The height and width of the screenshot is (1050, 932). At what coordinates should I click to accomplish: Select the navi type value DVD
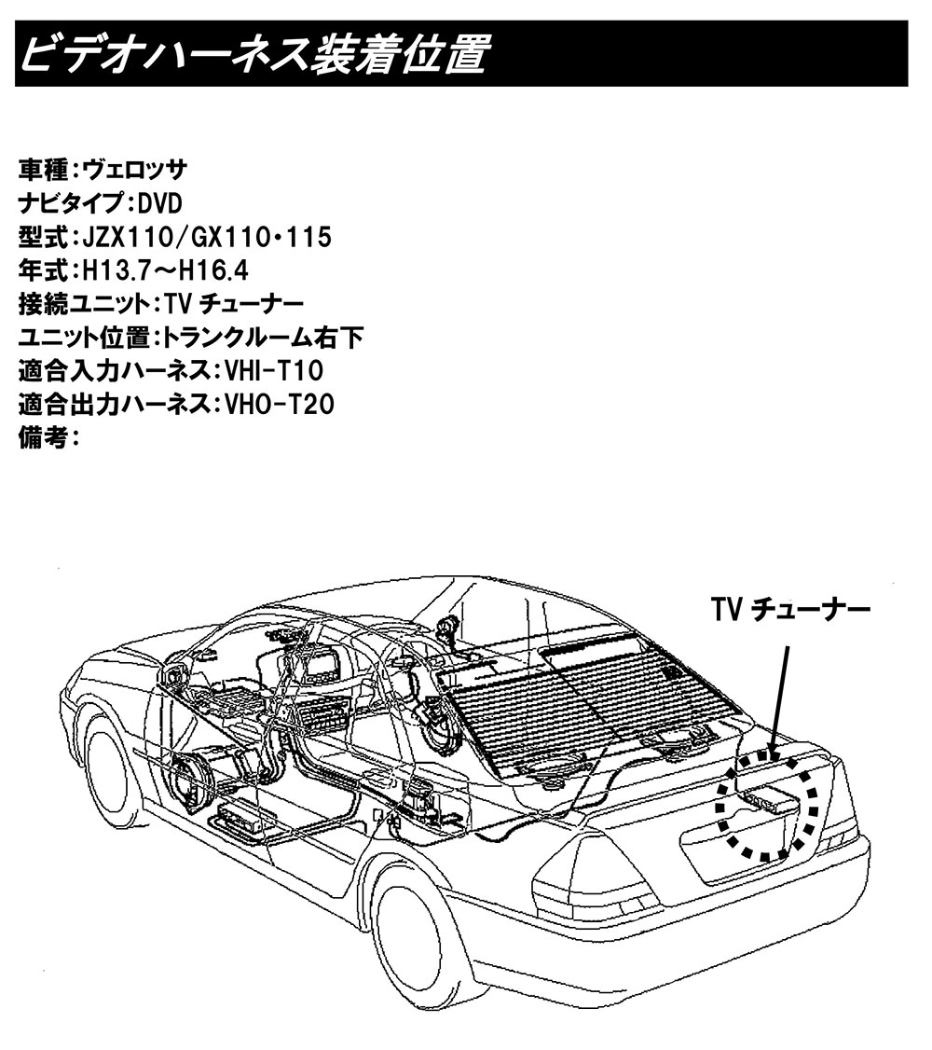click(159, 204)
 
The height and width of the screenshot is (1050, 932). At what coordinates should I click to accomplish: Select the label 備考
click(43, 439)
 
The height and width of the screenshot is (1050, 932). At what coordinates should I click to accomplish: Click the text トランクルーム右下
click(264, 338)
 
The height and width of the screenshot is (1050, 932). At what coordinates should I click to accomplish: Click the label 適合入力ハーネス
click(109, 372)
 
